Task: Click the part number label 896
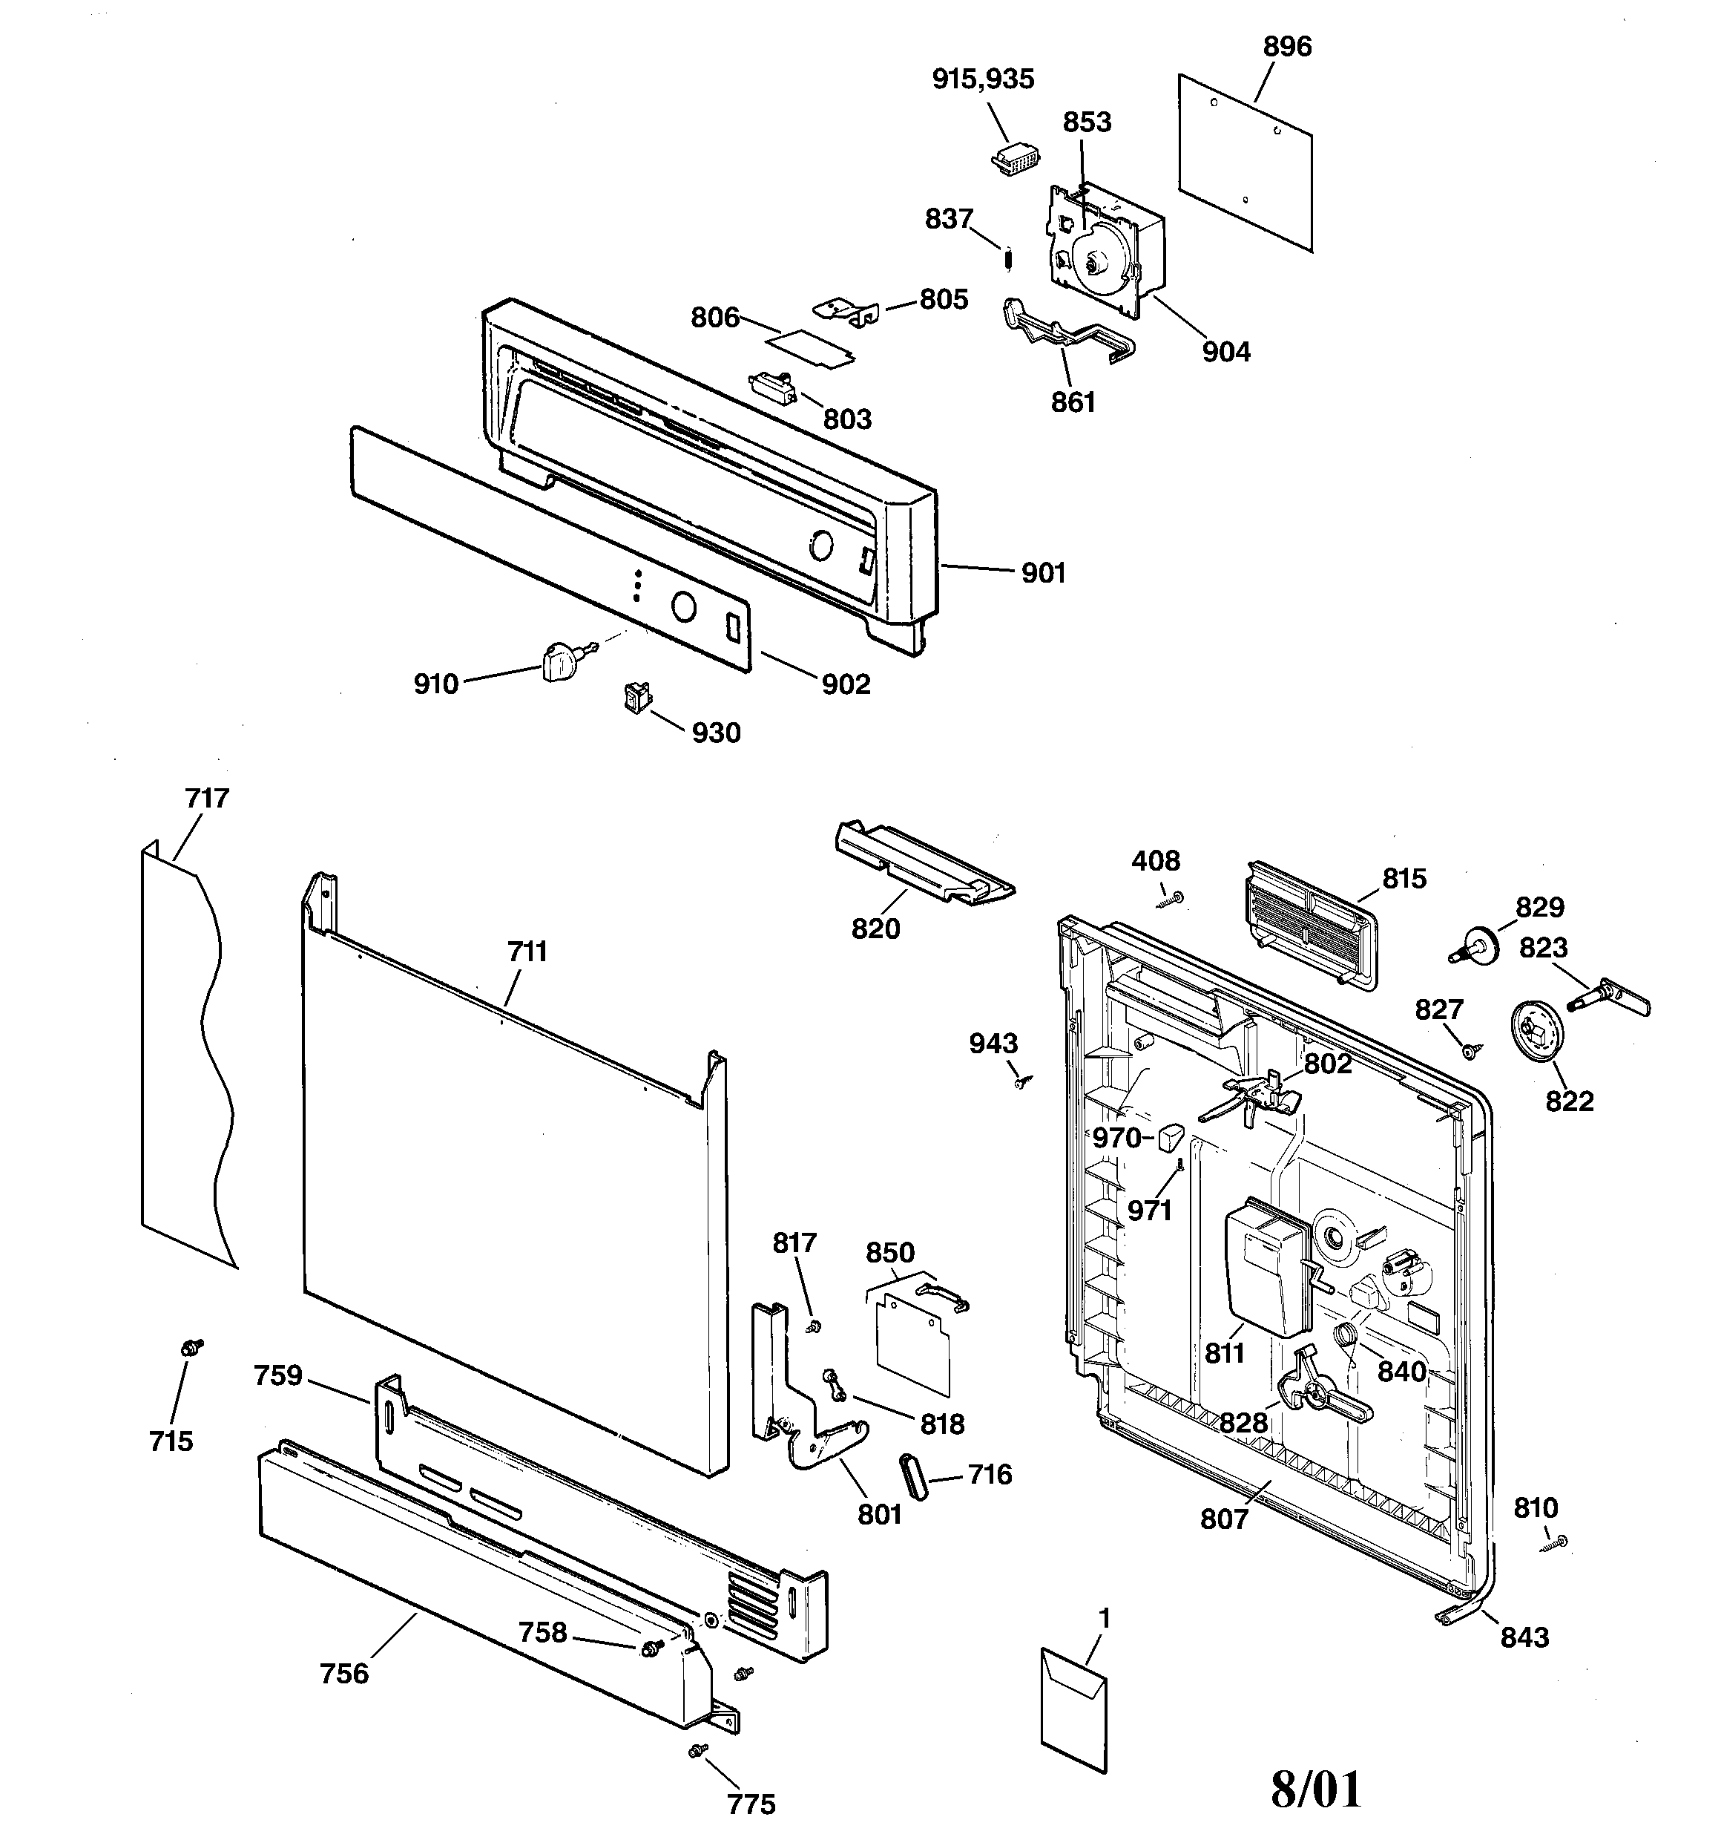tap(1287, 46)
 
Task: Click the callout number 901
tap(1043, 573)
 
